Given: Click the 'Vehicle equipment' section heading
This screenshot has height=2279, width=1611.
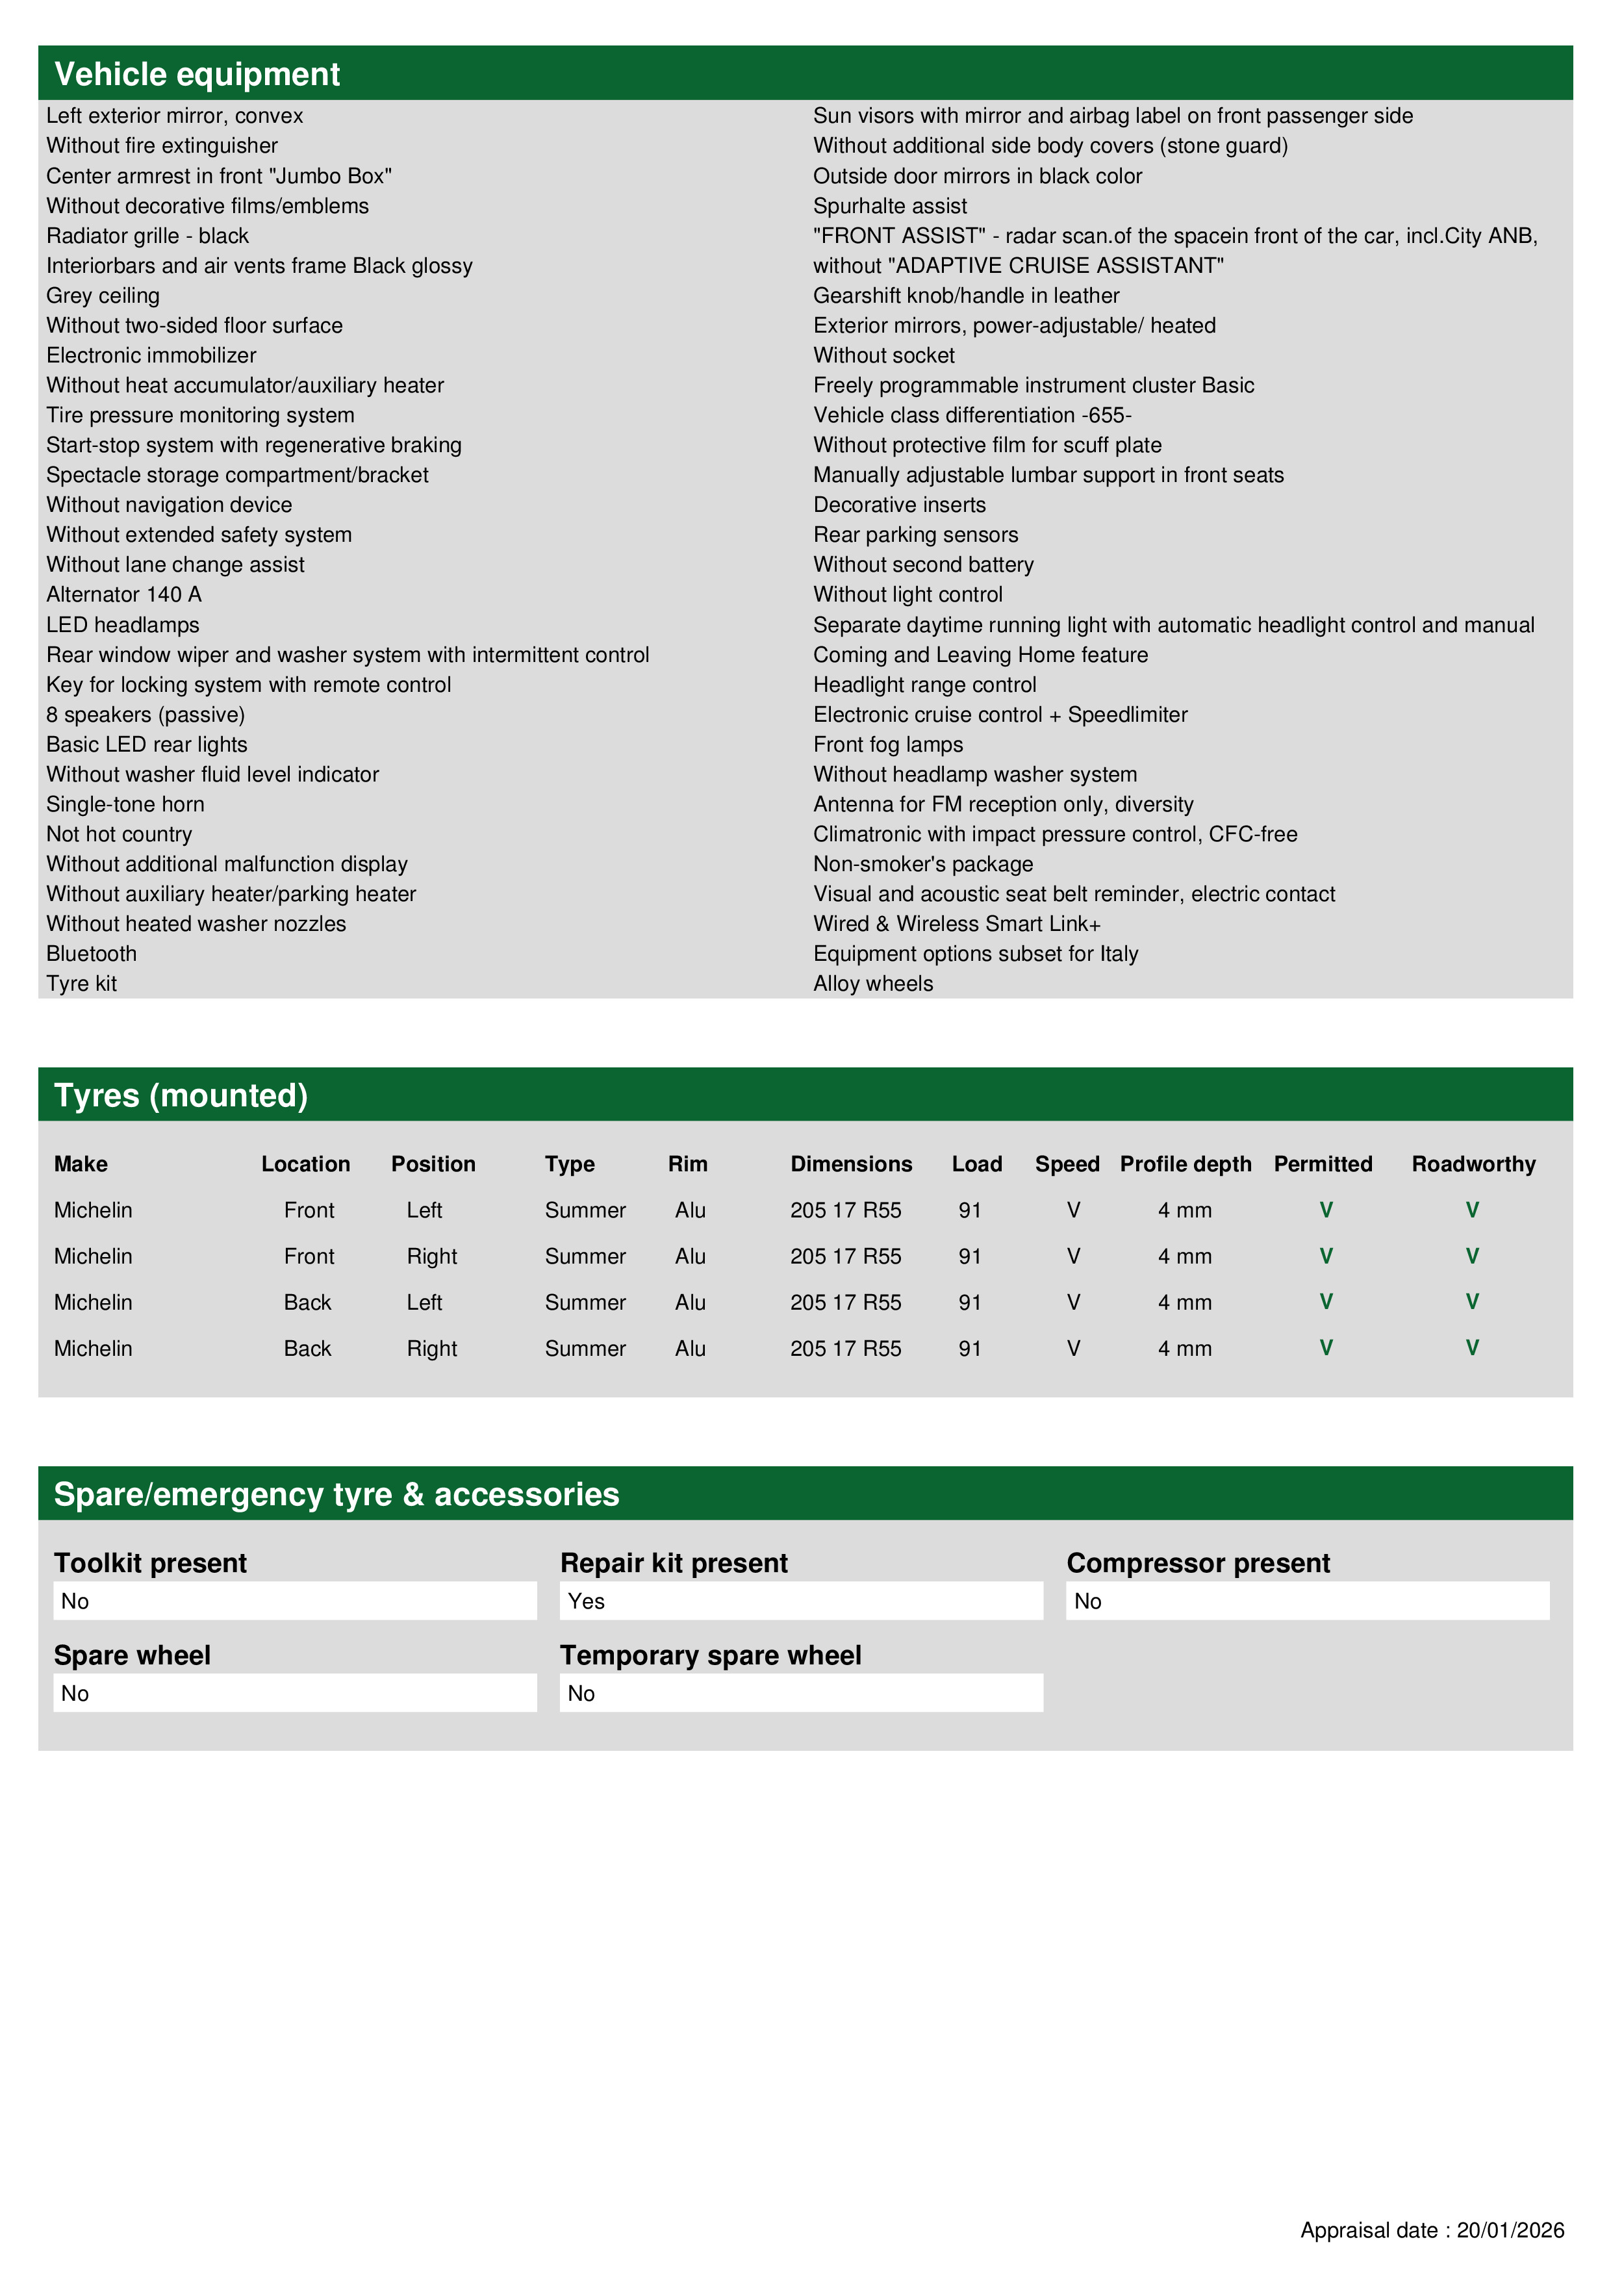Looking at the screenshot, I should coord(197,75).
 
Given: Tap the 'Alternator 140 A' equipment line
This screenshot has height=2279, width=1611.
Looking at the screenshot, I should coord(124,594).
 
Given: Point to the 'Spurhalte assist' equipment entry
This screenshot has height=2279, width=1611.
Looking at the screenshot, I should coord(889,207).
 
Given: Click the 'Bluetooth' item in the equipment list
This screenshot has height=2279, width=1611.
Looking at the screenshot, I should coord(92,954).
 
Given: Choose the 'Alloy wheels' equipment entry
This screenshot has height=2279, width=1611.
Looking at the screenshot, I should coord(872,984).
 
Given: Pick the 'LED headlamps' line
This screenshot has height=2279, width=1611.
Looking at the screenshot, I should coord(123,626).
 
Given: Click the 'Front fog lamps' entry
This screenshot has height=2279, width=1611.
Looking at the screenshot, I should coord(887,745).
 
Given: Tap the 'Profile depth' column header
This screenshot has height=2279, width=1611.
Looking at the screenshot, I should coord(1185,1164).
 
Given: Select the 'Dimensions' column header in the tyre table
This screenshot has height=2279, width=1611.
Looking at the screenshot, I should coord(851,1164).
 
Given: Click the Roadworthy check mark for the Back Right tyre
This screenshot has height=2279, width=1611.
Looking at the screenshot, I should coord(1472,1348).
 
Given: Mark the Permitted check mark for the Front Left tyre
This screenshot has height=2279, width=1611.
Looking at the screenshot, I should coord(1326,1210).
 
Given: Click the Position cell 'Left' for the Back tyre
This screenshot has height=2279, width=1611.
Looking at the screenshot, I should coord(424,1303).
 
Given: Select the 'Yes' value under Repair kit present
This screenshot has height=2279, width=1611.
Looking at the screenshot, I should coord(587,1601).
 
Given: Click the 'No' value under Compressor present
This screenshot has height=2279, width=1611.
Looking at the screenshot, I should coord(1088,1601).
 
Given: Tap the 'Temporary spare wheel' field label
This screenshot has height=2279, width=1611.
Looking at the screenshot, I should coord(710,1655).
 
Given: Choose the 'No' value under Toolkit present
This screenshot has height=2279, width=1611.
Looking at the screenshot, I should coord(75,1601).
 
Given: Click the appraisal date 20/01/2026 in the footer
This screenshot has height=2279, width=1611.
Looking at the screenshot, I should coord(1510,2230).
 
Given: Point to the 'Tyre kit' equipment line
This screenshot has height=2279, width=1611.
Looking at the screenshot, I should coord(81,984).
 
